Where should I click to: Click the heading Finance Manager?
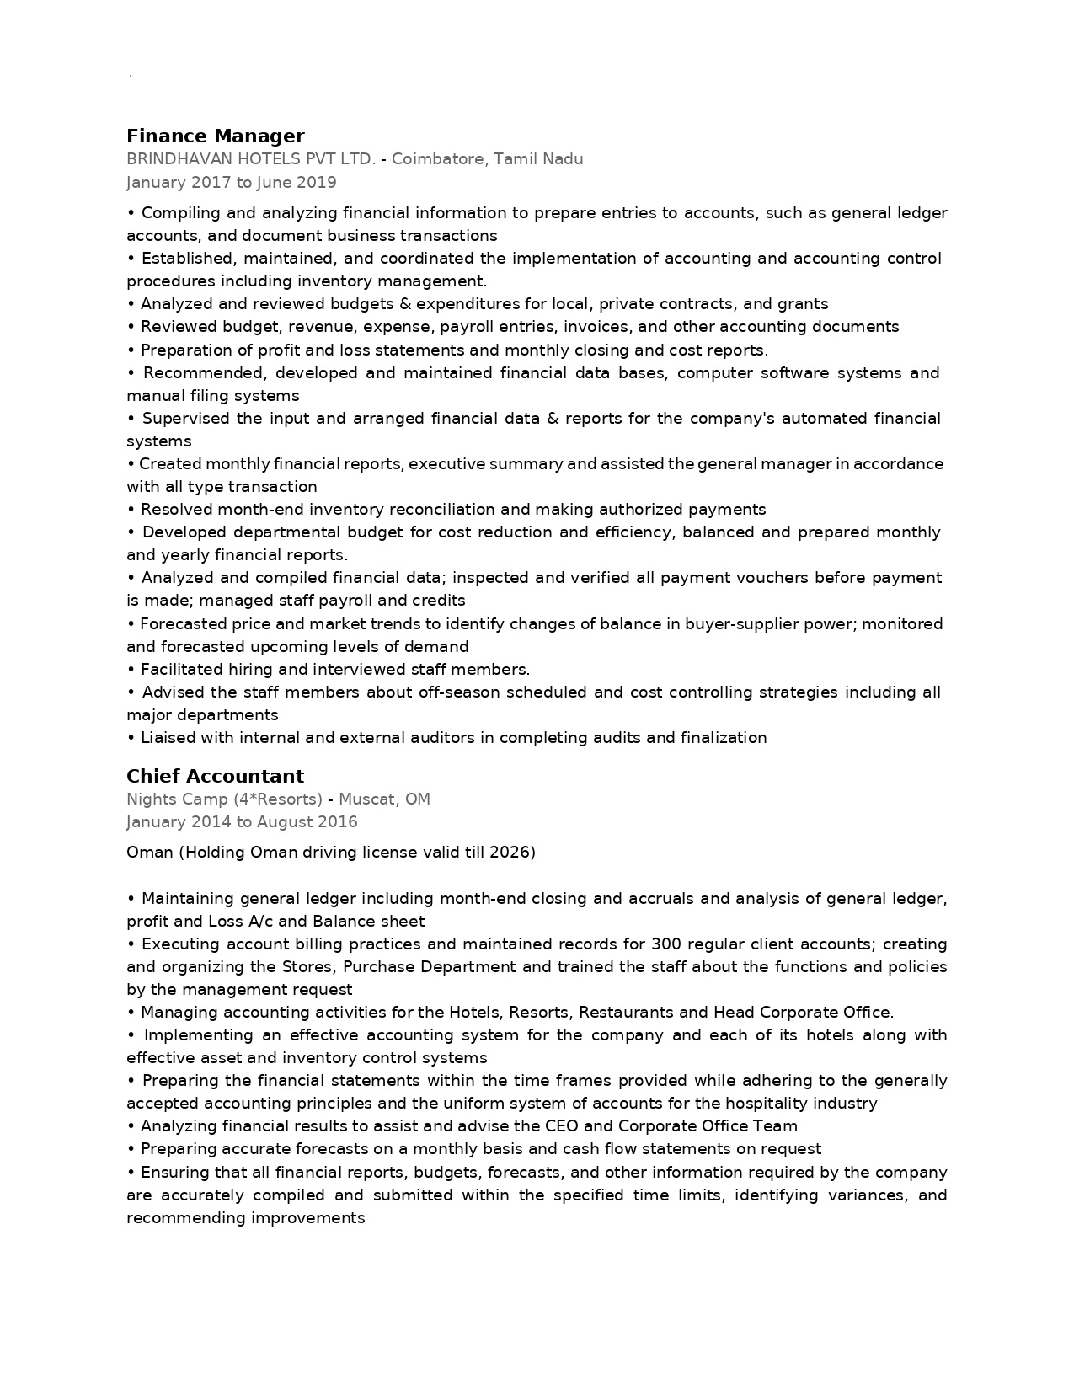215,136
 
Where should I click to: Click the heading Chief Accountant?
215,777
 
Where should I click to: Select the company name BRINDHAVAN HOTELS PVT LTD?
250,159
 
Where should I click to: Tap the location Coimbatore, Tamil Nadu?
487,159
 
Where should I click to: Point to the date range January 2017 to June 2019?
231,183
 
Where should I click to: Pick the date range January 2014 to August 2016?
242,822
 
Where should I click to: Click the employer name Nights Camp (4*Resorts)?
224,799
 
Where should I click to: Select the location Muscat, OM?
384,799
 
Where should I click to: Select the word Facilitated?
181,670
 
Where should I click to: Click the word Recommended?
203,373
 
